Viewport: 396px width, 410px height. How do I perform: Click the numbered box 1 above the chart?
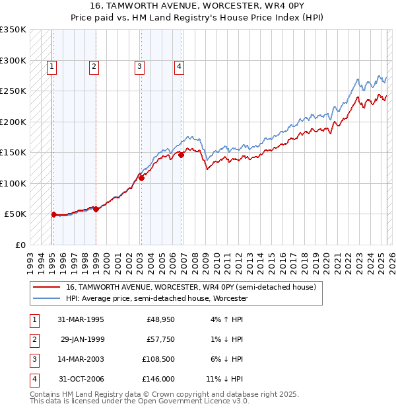point(51,65)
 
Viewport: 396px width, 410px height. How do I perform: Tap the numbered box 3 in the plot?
point(140,65)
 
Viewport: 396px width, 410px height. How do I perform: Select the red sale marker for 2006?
point(181,155)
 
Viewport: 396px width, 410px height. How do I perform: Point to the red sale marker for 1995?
point(54,214)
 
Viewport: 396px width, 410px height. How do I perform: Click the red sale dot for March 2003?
point(141,178)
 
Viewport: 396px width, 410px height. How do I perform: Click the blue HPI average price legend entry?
point(156,298)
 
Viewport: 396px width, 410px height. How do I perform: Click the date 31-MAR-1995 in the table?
point(81,319)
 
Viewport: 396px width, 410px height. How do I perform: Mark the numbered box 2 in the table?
point(33,339)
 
